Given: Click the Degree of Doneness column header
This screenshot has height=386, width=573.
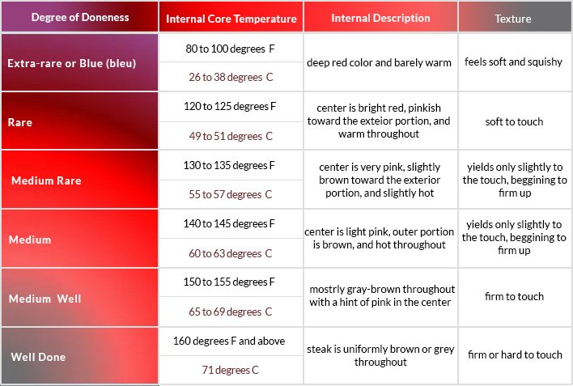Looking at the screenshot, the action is [79, 17].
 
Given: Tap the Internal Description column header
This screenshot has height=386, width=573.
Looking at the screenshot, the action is [380, 17].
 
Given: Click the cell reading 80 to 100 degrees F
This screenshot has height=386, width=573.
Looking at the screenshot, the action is [231, 49].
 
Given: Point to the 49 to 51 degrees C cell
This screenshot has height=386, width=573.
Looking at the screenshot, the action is [231, 136].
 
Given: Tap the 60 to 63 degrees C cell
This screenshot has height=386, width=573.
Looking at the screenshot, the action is [231, 253].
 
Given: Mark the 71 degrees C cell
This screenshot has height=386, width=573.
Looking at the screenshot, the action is [231, 370].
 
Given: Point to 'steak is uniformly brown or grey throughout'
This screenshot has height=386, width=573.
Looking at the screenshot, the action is [380, 356].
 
